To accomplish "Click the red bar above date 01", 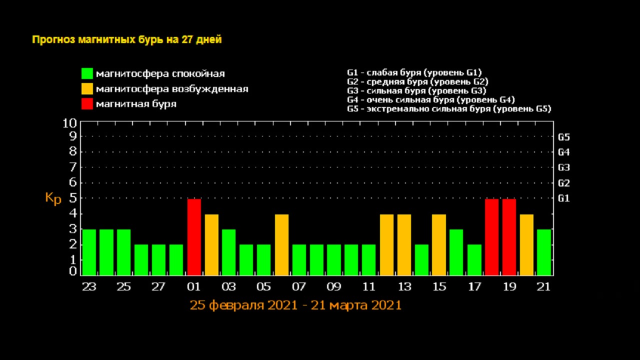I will (194, 237).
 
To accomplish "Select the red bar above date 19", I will (509, 237).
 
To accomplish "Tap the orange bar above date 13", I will (404, 244).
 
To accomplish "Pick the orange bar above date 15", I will (439, 244).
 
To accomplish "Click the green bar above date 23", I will (89, 252).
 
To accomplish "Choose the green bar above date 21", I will (544, 252).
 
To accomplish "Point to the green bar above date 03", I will (229, 252).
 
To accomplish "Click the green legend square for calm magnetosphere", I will (87, 73).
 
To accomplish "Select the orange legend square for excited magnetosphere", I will (87, 89).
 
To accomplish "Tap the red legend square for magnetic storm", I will (87, 104).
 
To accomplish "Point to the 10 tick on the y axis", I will (69, 123).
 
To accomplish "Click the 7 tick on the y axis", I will (72, 167).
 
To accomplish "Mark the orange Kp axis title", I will (53, 198).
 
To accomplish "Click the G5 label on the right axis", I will (564, 136).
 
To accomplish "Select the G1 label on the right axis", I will (564, 198).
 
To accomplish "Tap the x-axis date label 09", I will (334, 287).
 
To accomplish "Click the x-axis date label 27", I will (158, 287).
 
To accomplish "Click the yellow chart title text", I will (127, 40).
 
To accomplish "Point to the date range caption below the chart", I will (295, 305).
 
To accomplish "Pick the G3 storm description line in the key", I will (416, 90).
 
